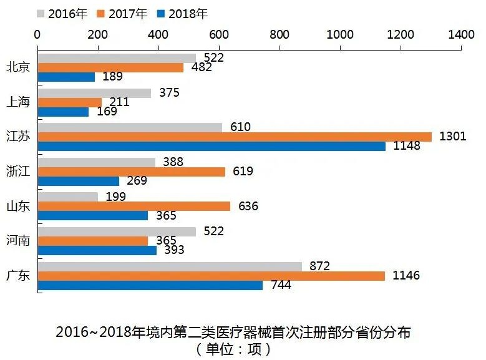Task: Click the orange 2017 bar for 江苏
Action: click(x=235, y=137)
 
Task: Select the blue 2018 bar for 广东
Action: click(x=150, y=285)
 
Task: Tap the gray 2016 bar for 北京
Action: click(x=117, y=58)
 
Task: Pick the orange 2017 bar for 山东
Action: click(x=134, y=206)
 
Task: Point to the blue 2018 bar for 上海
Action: click(x=63, y=112)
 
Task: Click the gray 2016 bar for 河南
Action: click(x=117, y=231)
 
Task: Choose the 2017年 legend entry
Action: click(x=125, y=13)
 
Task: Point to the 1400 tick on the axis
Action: click(x=461, y=35)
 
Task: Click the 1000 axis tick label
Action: click(x=340, y=35)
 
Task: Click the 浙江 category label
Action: click(x=17, y=171)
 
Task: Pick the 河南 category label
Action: click(x=17, y=240)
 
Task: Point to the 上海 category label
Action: click(x=17, y=102)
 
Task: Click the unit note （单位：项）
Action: click(x=233, y=349)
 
